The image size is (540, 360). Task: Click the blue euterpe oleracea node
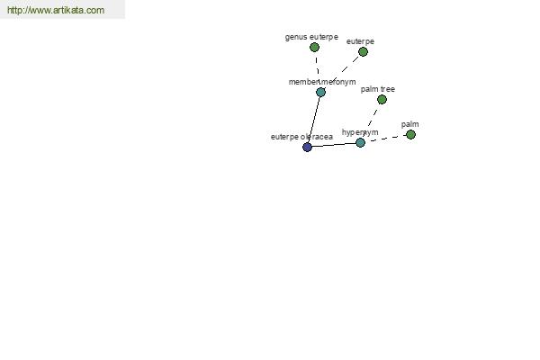[307, 147]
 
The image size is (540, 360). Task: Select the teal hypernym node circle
[360, 142]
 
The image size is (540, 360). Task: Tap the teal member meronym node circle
[320, 92]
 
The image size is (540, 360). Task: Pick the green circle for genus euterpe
[314, 47]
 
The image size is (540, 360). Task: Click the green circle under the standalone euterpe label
[363, 51]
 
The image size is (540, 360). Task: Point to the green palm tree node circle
[382, 100]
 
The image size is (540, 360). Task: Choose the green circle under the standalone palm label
[410, 135]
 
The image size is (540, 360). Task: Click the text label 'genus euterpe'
[311, 37]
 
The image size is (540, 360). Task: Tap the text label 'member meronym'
[322, 82]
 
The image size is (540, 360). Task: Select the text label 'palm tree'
[378, 89]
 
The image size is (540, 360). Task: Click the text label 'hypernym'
[360, 132]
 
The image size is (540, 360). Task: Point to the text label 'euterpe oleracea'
[301, 137]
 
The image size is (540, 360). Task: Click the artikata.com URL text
[56, 10]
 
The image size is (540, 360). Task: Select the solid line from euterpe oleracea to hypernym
[334, 145]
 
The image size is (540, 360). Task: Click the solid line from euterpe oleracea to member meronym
[314, 120]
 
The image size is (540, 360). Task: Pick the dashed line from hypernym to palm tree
[371, 121]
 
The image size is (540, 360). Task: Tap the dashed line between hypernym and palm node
[385, 139]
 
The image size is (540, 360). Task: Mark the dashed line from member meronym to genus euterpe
[318, 69]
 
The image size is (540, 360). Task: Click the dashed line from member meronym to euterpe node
[342, 72]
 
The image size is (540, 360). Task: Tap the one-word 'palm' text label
[409, 124]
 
